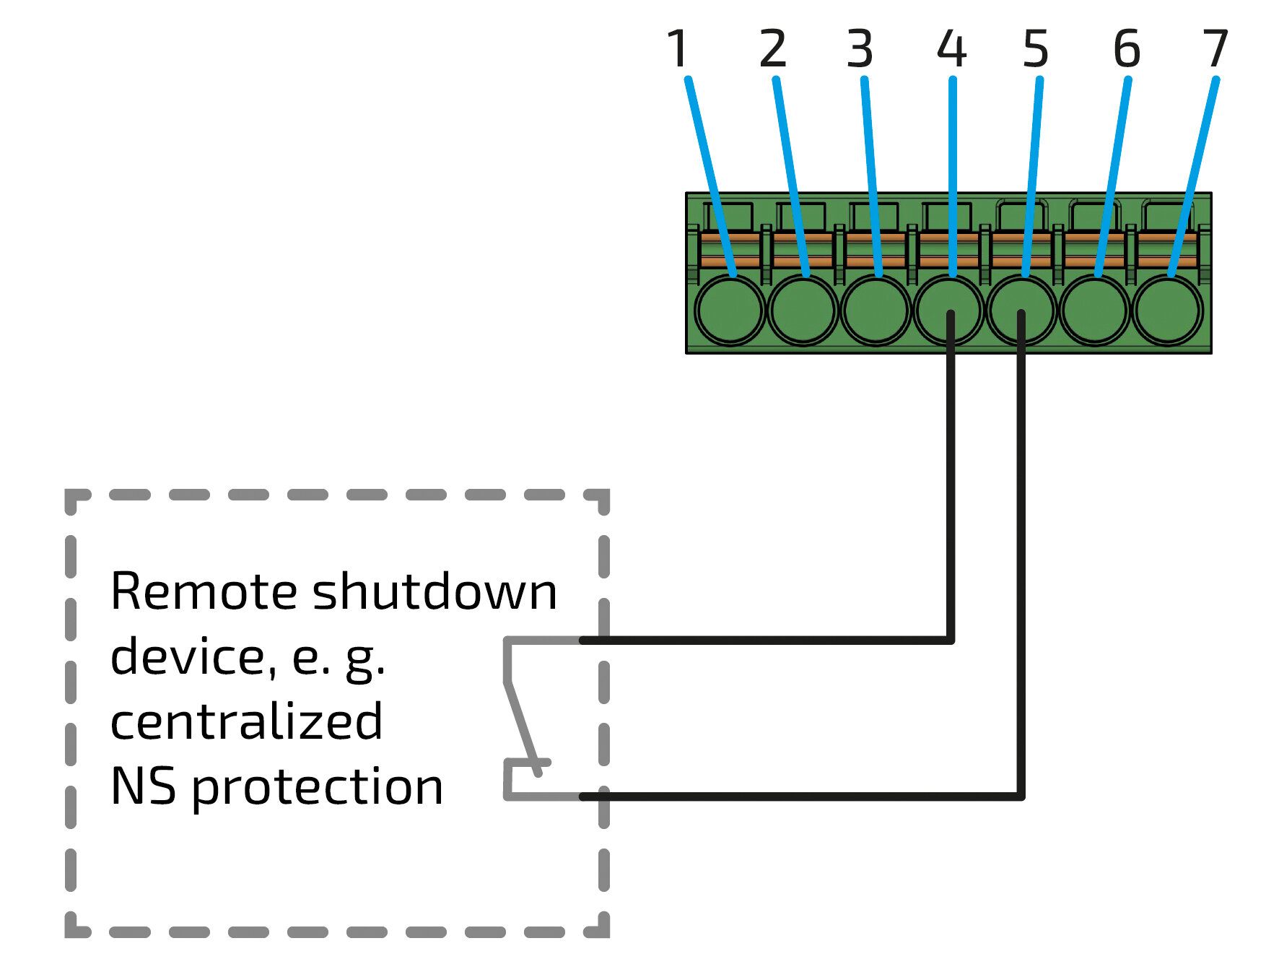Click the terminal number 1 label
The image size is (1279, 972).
[677, 49]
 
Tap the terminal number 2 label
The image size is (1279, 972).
[772, 49]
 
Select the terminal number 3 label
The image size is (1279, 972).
[860, 49]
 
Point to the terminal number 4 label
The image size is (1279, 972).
[951, 49]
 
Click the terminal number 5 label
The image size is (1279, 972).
[1035, 49]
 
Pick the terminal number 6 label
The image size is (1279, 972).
[1127, 49]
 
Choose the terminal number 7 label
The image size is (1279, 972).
[1215, 49]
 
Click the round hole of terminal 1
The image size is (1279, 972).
[730, 311]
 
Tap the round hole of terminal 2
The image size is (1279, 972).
[803, 311]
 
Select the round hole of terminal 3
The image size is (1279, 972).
[876, 311]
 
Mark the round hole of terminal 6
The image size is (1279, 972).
[1095, 311]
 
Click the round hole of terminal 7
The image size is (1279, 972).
[1168, 311]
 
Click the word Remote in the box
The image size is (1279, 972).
[204, 592]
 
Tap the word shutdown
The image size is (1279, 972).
[435, 592]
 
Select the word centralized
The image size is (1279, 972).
[246, 722]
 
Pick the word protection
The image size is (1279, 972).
[318, 788]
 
